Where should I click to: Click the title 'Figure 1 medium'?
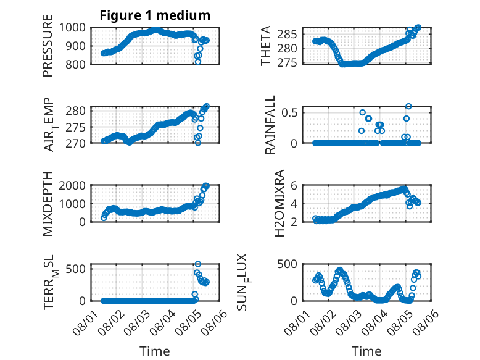(155, 15)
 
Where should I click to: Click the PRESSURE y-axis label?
(48, 46)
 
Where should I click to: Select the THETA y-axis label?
(266, 46)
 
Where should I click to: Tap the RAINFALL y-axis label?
(270, 125)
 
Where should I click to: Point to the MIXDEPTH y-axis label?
(48, 204)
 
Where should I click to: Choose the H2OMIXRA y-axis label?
(279, 203)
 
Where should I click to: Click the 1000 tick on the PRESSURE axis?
(72, 28)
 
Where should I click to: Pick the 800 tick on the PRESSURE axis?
(76, 64)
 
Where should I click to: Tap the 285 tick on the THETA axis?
(287, 35)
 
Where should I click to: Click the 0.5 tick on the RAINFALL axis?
(289, 113)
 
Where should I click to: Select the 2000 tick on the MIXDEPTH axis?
(72, 185)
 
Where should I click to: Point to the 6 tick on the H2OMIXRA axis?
(294, 185)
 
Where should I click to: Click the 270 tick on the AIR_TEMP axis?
(76, 143)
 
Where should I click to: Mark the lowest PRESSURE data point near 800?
(198, 62)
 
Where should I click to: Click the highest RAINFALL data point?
(408, 106)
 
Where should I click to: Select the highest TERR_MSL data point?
(198, 264)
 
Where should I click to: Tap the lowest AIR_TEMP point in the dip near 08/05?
(198, 143)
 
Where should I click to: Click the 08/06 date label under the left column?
(216, 322)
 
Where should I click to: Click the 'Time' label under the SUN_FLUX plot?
(366, 351)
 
